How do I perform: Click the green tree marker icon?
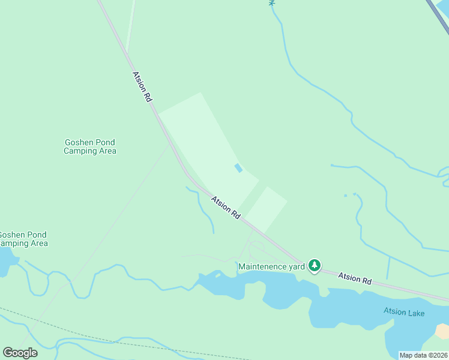pos(314,265)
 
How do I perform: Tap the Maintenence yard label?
pos(272,266)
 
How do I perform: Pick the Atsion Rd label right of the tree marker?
pos(355,278)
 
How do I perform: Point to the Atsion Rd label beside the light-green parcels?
pos(226,207)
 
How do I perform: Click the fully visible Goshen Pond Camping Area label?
pos(90,146)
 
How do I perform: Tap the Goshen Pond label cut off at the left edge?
pos(23,239)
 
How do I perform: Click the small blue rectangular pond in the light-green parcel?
pos(238,168)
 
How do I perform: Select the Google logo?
pos(19,353)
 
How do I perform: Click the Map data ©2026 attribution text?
pos(423,355)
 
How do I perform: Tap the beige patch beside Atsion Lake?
pos(443,331)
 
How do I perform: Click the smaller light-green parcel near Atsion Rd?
pos(266,209)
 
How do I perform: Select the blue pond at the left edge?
pos(6,262)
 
